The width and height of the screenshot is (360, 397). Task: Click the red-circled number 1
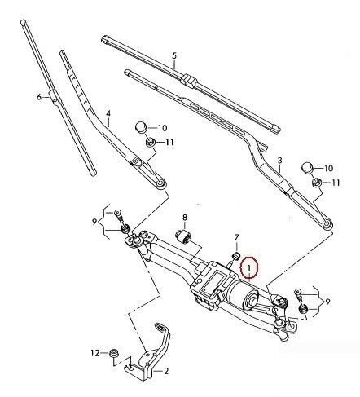coord(249,267)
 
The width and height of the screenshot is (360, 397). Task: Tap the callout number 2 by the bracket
coord(166,371)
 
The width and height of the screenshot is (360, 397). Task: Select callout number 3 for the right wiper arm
coord(280,161)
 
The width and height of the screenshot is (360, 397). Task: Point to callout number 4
coord(108,113)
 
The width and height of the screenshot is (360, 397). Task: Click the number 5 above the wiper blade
coord(174,55)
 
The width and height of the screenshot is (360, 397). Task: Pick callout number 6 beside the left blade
coord(39,97)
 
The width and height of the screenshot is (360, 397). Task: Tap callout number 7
coord(236,237)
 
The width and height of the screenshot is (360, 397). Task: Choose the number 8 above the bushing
coord(185,218)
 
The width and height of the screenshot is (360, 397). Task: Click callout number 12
coord(95,353)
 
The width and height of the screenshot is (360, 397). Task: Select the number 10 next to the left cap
coord(162,128)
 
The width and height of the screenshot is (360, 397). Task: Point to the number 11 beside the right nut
coord(336,183)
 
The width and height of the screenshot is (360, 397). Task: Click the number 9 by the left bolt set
coord(94,223)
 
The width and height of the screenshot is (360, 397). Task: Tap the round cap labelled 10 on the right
coord(307,167)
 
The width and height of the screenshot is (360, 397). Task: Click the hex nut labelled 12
coord(112,354)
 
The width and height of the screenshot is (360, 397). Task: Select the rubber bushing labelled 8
coord(184,236)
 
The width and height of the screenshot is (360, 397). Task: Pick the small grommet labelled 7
coord(237,255)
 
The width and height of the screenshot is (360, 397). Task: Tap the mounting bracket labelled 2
coord(153,353)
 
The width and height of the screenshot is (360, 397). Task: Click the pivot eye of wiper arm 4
coord(161,183)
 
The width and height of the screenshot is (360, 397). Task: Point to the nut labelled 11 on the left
coord(150,142)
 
